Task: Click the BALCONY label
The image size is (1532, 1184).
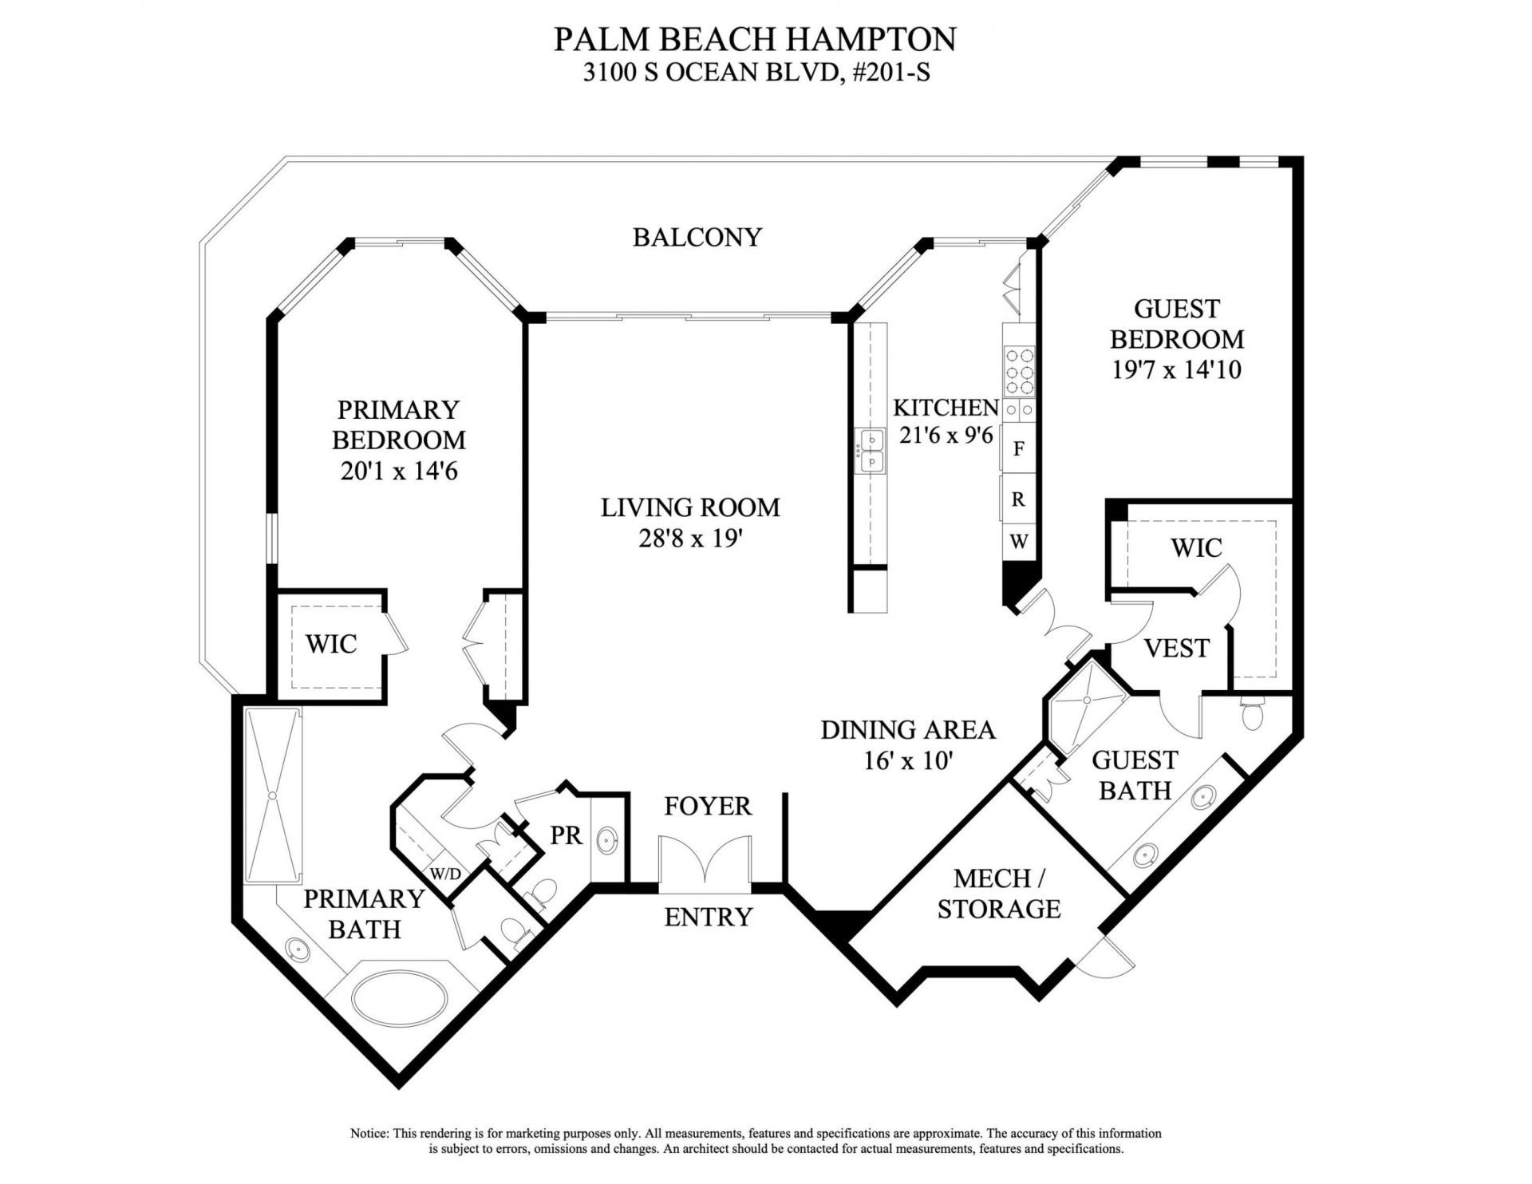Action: (x=697, y=237)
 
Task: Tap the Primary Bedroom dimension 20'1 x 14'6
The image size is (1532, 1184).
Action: (x=399, y=471)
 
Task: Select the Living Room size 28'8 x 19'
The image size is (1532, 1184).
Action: (x=691, y=539)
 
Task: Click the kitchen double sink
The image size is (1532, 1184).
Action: (x=871, y=451)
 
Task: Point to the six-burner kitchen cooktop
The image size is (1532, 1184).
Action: (x=1019, y=371)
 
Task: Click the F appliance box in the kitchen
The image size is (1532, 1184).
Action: (x=1018, y=448)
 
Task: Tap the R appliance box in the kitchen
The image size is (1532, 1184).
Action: (x=1018, y=499)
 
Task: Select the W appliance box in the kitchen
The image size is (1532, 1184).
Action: (x=1018, y=542)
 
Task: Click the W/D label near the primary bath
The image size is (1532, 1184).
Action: (x=445, y=874)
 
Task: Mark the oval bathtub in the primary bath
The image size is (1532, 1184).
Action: (x=399, y=997)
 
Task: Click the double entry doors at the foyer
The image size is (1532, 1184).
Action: (x=705, y=862)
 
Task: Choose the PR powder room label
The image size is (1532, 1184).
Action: (x=567, y=835)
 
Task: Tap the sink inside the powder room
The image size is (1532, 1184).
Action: (x=607, y=840)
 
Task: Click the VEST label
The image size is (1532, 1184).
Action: (x=1176, y=648)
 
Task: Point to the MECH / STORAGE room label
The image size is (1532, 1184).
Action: (x=998, y=894)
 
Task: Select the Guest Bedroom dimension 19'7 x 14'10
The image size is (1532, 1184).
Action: (x=1176, y=370)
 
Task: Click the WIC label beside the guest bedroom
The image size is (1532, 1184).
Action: (x=1196, y=547)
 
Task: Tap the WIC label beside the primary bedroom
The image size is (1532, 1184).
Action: (x=331, y=644)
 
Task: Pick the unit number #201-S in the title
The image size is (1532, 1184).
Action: (x=892, y=73)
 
